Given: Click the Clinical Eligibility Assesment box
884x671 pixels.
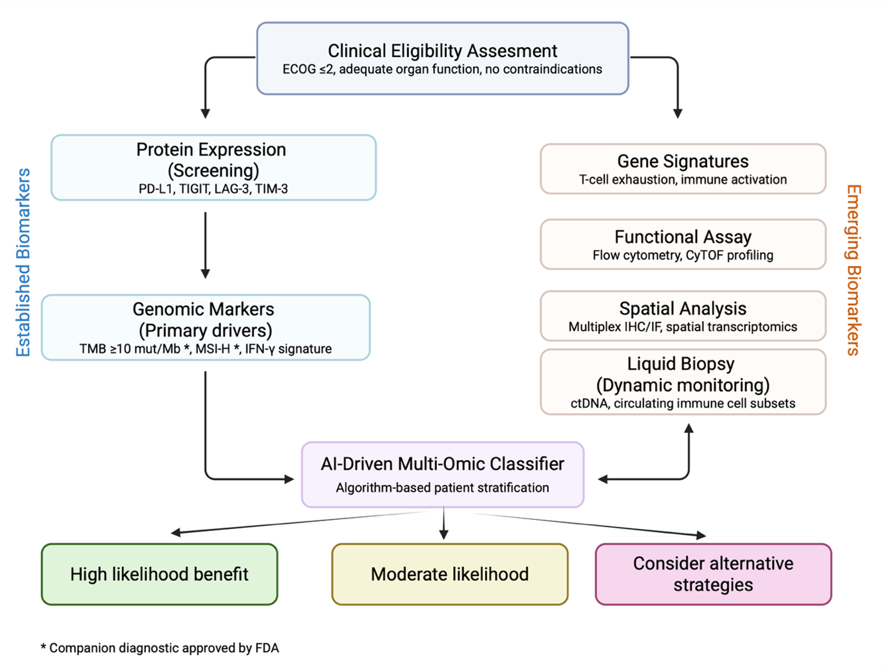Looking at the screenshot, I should [442, 58].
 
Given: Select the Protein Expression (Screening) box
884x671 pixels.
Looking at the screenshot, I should [213, 168].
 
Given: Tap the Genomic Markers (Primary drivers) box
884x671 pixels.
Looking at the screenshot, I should [206, 328].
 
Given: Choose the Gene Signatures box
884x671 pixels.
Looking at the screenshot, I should [682, 169].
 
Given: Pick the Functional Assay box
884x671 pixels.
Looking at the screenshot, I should [682, 245].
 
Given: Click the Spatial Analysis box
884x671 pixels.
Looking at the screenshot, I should [682, 316].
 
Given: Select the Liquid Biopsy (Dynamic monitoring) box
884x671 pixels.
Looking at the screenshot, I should [682, 382].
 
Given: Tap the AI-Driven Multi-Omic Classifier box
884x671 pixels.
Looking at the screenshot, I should [442, 475].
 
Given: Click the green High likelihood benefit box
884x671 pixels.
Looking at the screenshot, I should [159, 574].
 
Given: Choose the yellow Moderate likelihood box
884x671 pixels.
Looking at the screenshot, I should [450, 574].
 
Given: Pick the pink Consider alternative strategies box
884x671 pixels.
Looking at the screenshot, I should [713, 574].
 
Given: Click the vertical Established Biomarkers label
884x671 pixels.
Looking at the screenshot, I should [23, 263].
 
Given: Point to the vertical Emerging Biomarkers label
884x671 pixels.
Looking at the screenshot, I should [853, 270].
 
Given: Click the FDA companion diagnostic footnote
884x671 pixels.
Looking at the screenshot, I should [160, 648].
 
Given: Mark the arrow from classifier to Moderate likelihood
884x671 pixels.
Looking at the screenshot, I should [444, 524].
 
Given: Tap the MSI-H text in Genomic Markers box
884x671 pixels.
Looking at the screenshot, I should [212, 349].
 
